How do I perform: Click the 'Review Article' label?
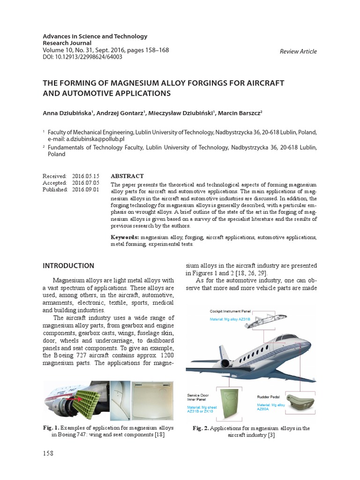[x=298, y=52]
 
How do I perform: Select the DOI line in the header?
[x=82, y=57]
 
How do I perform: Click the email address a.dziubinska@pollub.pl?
[x=86, y=140]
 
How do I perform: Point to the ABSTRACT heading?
[x=127, y=176]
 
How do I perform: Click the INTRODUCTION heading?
[x=68, y=266]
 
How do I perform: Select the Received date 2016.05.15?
[x=86, y=176]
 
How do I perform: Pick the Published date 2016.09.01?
[x=86, y=189]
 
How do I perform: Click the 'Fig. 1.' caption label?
[x=52, y=428]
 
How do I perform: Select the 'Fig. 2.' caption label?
[x=202, y=428]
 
